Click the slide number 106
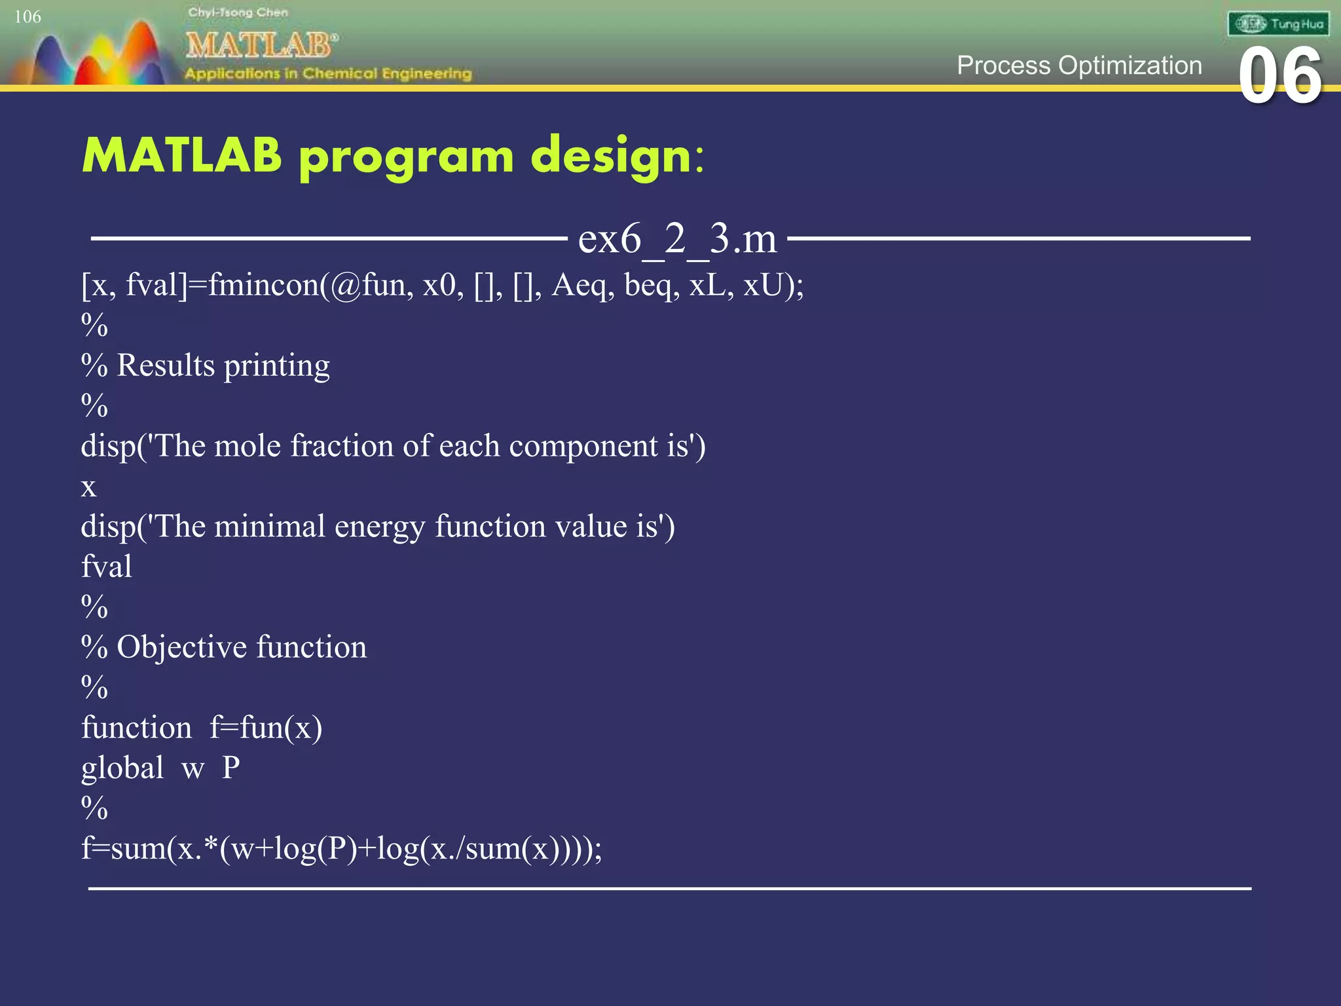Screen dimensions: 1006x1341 pyautogui.click(x=28, y=17)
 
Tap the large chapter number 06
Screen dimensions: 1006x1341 pyautogui.click(x=1279, y=77)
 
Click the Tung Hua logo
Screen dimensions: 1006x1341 pyautogui.click(x=1278, y=24)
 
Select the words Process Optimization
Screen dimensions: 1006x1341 pyautogui.click(x=1079, y=65)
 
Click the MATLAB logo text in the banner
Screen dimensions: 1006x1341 pyautogui.click(x=261, y=45)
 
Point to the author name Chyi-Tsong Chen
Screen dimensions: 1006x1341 pyautogui.click(x=238, y=12)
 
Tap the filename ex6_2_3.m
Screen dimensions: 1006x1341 pyautogui.click(x=677, y=238)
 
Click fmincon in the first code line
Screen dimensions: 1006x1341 pyautogui.click(x=263, y=286)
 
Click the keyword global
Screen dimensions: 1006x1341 pyautogui.click(x=122, y=768)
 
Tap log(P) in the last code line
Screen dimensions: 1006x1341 pyautogui.click(x=316, y=849)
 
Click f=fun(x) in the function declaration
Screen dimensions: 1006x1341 pyautogui.click(x=265, y=728)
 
